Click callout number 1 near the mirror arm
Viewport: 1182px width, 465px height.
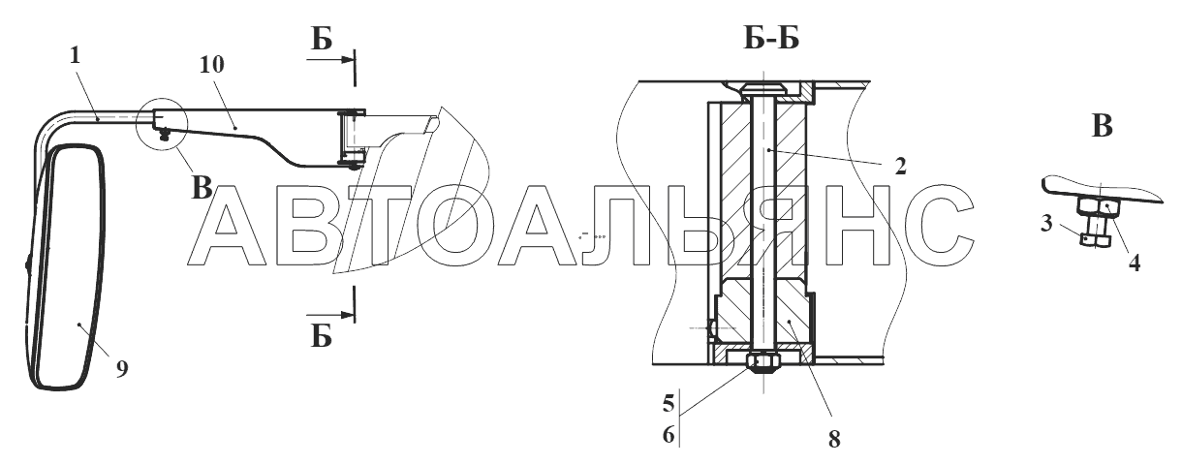click(x=75, y=55)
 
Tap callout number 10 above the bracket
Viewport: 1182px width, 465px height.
click(x=211, y=64)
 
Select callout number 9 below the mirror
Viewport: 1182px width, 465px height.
click(x=122, y=369)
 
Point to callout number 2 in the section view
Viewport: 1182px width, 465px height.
click(x=900, y=167)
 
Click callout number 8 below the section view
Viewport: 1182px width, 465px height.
click(x=834, y=439)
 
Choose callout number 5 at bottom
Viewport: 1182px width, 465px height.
click(x=669, y=404)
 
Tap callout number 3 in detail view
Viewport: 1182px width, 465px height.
click(x=1046, y=223)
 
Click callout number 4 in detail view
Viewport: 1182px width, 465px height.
click(x=1135, y=263)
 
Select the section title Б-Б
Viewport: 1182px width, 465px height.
click(x=771, y=38)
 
